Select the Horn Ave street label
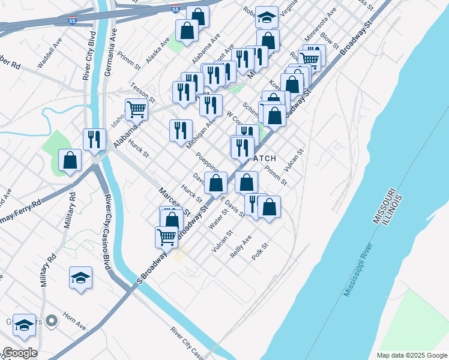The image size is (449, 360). point(73,325)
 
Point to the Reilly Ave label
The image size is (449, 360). point(241,247)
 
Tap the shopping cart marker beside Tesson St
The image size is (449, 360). point(136,110)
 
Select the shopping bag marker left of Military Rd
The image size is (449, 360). point(70,160)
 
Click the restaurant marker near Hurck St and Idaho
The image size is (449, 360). point(94,140)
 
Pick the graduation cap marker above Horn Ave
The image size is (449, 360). point(80,277)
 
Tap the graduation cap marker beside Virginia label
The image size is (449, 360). point(267,17)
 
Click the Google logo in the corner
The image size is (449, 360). point(20,353)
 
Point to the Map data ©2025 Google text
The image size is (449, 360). point(411,355)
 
